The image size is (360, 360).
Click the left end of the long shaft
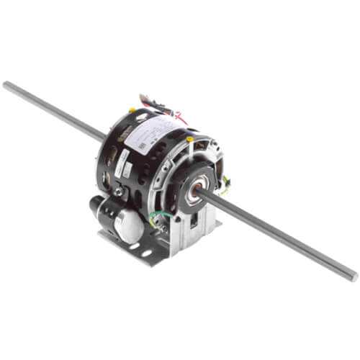[6, 86]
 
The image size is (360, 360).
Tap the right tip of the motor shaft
[352, 276]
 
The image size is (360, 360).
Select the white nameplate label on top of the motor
[155, 136]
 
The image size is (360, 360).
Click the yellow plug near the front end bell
[189, 139]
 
